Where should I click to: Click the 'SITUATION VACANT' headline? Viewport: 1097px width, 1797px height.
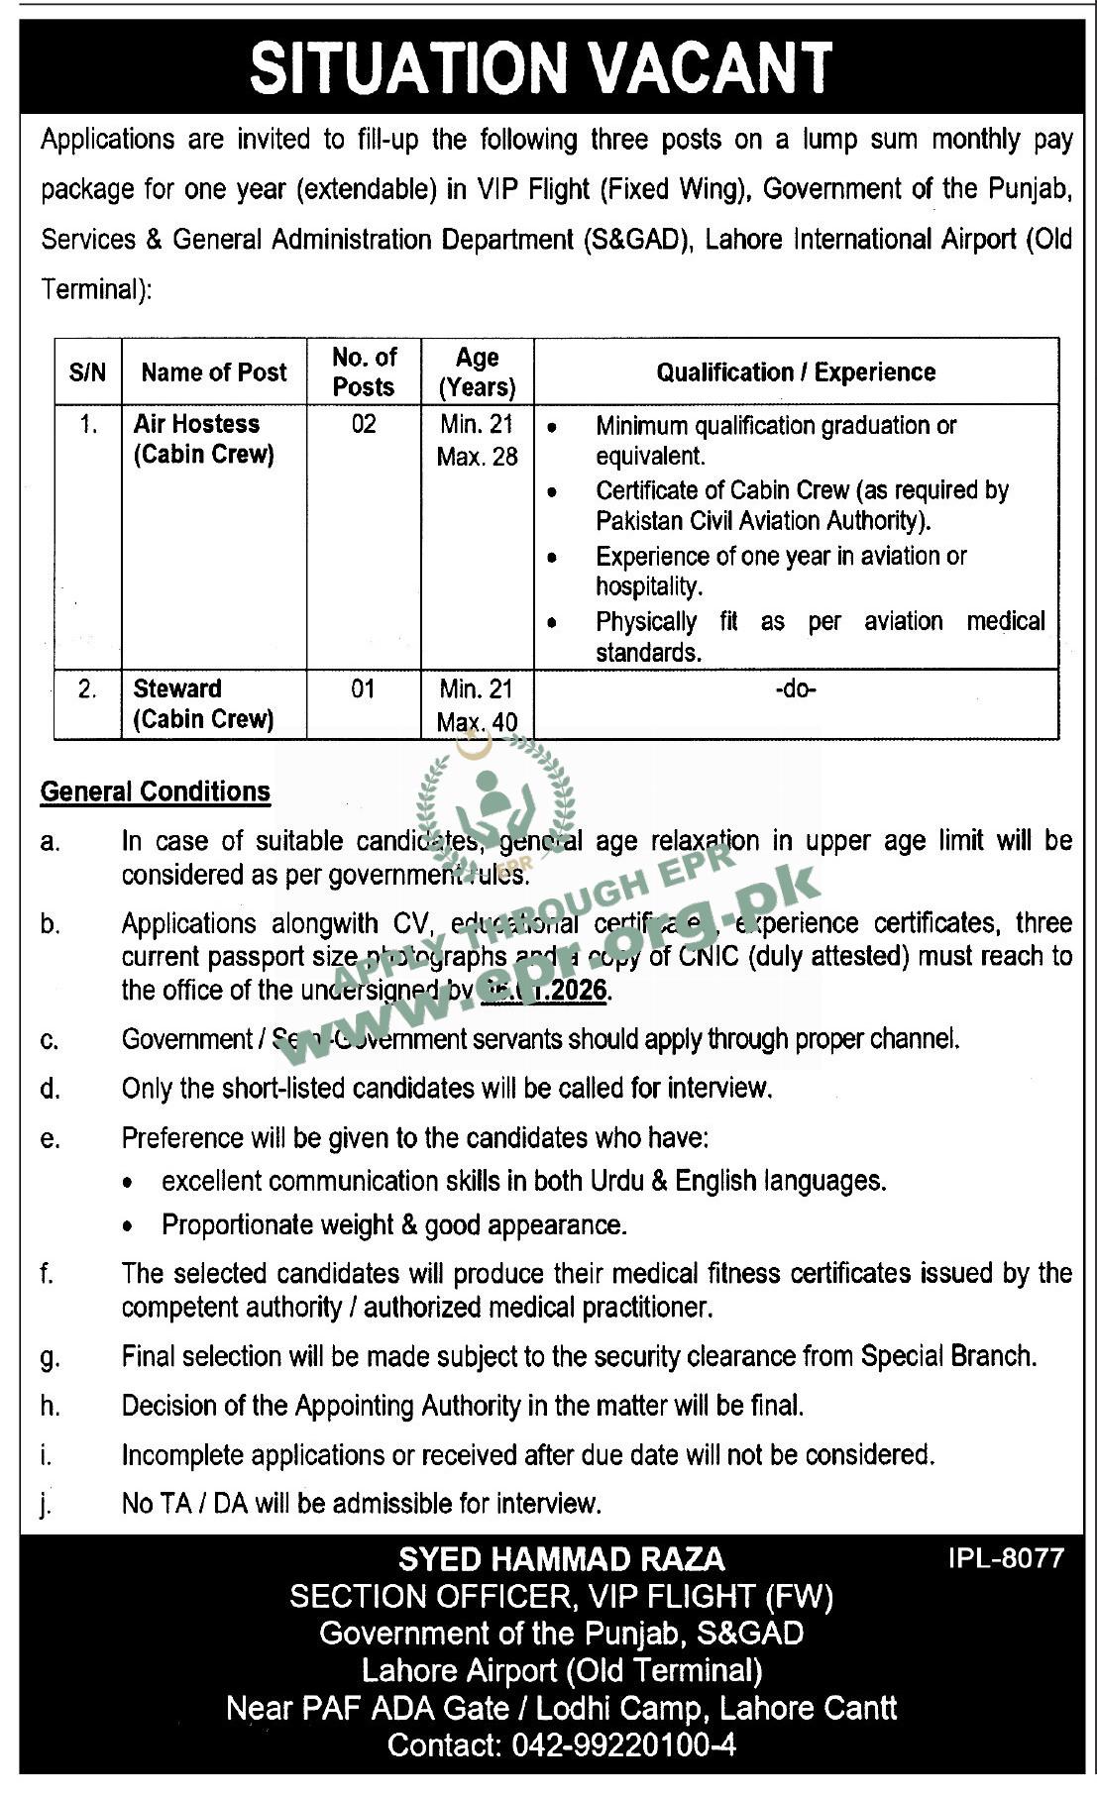(540, 68)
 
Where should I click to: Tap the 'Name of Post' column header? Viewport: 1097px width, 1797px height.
(213, 372)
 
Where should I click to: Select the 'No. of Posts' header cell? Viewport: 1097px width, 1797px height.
(364, 371)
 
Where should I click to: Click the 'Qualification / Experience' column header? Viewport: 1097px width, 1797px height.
(795, 372)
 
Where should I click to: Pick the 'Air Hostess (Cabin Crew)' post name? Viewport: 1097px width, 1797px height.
(203, 439)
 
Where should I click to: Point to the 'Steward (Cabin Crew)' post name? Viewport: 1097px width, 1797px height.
(203, 703)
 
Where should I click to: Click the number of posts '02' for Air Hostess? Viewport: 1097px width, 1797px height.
(364, 424)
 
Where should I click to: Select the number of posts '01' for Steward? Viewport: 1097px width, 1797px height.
(364, 688)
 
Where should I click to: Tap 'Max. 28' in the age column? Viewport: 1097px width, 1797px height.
(477, 457)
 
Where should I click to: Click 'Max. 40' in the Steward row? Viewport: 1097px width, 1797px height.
(477, 722)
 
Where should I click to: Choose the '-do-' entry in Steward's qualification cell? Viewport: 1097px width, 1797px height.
(795, 688)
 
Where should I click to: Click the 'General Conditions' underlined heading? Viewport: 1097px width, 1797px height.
(156, 792)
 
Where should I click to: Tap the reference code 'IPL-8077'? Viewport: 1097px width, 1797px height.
(1005, 1558)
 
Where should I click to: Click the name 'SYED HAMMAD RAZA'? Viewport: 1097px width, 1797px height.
(561, 1560)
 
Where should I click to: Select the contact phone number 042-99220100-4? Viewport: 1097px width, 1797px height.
(623, 1744)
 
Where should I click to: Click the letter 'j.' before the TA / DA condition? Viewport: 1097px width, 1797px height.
(46, 1505)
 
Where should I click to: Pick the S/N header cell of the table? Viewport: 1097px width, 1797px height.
(87, 372)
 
